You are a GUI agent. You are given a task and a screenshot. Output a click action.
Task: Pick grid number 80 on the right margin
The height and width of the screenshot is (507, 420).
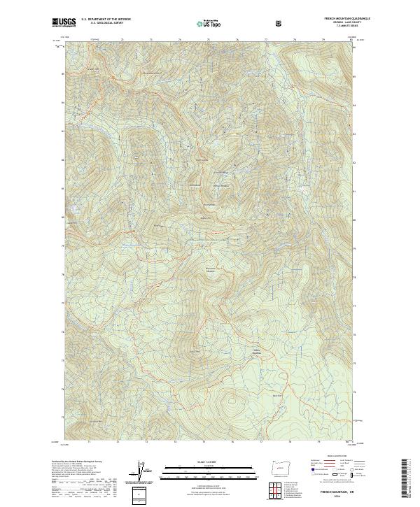click(x=354, y=219)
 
